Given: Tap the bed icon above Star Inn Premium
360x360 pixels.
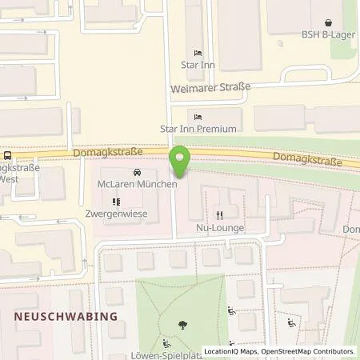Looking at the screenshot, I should point(198,116).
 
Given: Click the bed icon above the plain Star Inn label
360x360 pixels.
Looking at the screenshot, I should point(198,53).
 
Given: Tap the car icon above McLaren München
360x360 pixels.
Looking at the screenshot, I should point(138,173).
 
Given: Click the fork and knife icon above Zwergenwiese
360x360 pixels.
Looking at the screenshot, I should point(116,202).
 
